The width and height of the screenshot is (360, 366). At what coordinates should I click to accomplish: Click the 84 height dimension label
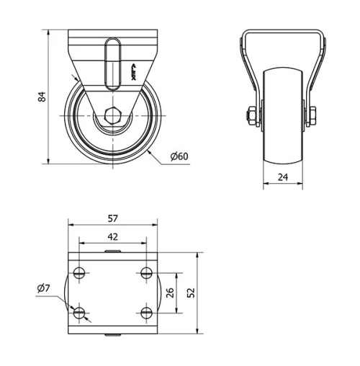click(x=41, y=96)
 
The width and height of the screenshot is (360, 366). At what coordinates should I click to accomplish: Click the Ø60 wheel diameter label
click(x=179, y=156)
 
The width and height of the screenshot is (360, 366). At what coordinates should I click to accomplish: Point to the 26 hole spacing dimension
click(x=170, y=293)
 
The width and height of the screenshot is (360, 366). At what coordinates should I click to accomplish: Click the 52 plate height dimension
click(x=191, y=293)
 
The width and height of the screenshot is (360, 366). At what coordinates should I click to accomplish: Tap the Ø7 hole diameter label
click(x=43, y=289)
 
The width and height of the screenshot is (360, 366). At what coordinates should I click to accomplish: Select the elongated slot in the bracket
click(x=112, y=65)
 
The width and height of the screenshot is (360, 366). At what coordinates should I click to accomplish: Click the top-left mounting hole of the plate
click(x=79, y=273)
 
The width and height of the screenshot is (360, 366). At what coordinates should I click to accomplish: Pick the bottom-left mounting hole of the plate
click(x=79, y=313)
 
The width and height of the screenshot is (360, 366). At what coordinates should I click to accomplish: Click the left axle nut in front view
click(x=251, y=115)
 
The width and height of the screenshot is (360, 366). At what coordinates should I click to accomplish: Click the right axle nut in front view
click(x=314, y=115)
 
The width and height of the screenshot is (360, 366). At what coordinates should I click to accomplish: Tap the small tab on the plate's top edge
click(x=112, y=251)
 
